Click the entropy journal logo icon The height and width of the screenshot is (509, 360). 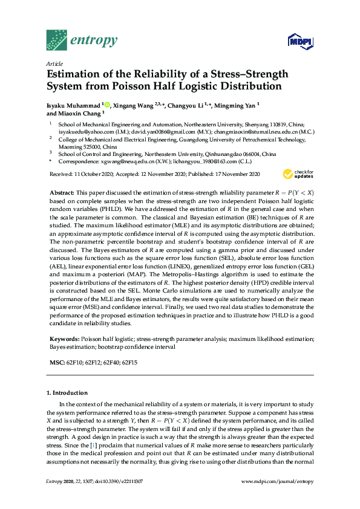pyautogui.click(x=57, y=40)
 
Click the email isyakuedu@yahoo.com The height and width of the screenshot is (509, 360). pyautogui.click(x=82, y=131)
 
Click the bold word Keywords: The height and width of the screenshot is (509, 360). pyautogui.click(x=63, y=339)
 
